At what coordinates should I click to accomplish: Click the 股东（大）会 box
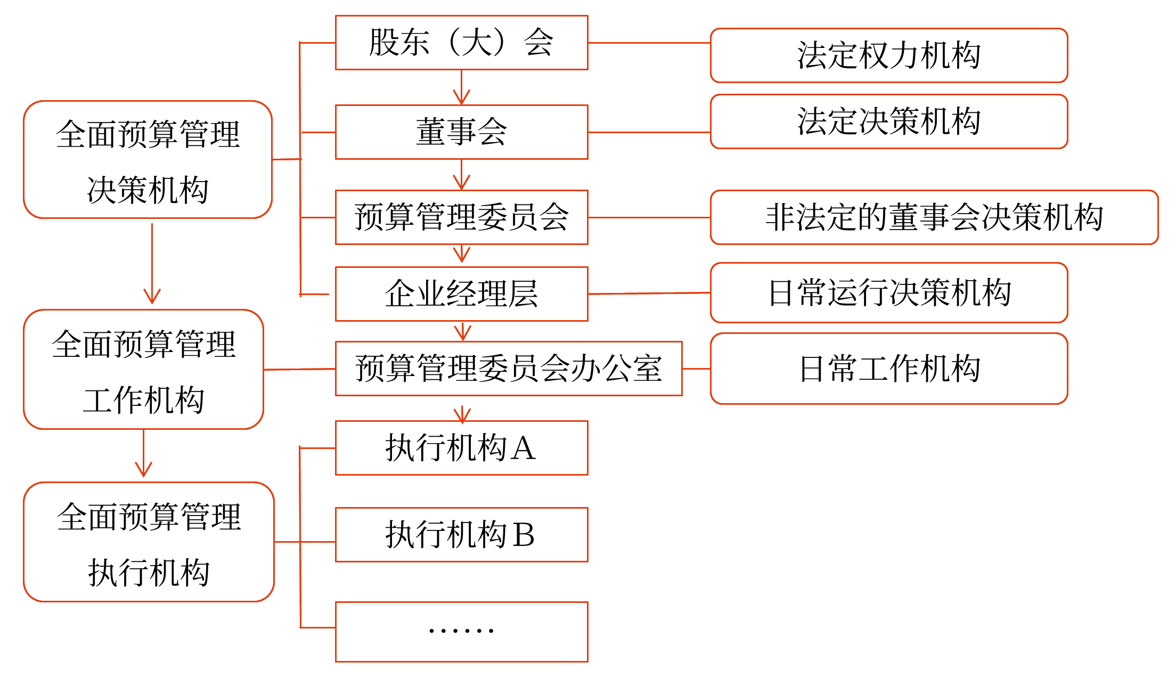click(461, 43)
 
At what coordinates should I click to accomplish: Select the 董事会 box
click(461, 132)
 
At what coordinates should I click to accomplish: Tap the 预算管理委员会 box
click(461, 217)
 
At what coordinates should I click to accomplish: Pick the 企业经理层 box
click(461, 294)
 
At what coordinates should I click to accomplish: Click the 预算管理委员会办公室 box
click(509, 369)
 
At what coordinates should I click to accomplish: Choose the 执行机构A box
click(461, 448)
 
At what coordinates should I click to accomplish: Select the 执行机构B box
click(461, 535)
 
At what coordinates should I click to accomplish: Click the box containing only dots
click(461, 632)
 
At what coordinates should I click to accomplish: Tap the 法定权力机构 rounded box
click(888, 55)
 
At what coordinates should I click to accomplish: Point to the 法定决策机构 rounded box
click(888, 121)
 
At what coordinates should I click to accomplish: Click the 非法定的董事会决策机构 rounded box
click(934, 217)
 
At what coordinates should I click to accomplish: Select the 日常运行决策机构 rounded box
click(888, 292)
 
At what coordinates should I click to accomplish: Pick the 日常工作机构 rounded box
click(888, 369)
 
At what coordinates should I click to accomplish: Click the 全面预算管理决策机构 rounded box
click(148, 160)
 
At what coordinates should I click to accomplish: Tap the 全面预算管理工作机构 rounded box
click(143, 369)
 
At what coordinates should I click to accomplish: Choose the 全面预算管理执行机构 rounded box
click(149, 542)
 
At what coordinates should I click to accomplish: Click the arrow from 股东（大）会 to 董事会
click(461, 88)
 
